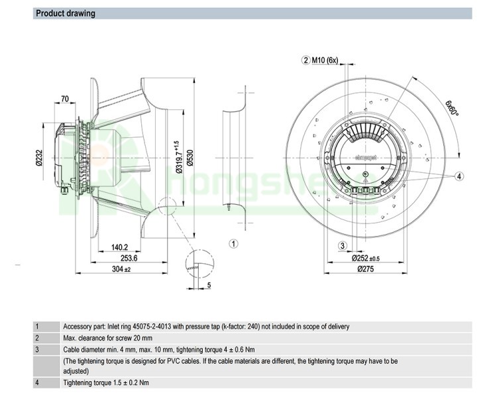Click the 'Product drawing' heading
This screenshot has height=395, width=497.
[x=66, y=13]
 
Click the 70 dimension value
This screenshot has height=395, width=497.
[x=64, y=99]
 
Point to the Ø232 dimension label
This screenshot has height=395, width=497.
[x=40, y=159]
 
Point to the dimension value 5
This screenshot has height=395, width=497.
[x=209, y=286]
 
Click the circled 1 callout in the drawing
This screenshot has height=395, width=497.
[x=233, y=243]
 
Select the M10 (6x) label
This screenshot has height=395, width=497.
[x=325, y=60]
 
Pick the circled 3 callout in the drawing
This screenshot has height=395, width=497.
[x=343, y=246]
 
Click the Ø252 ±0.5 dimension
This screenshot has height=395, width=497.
[x=366, y=258]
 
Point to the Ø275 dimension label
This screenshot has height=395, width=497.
[x=366, y=269]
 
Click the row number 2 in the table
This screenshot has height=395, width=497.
[x=37, y=337]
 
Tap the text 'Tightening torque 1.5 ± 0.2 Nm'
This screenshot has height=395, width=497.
[x=106, y=382]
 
